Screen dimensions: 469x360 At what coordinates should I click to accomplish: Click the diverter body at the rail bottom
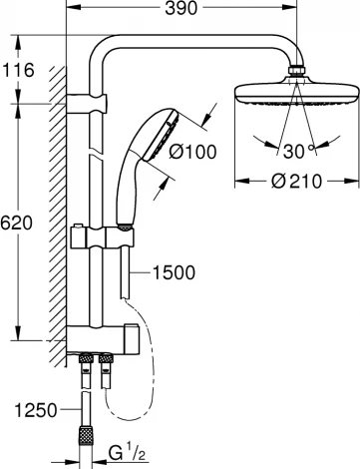[x=110, y=339]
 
